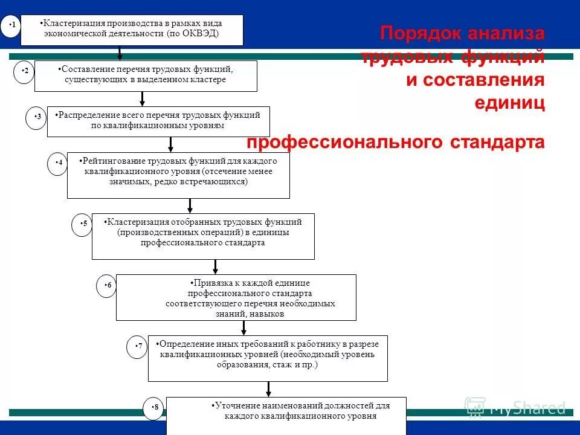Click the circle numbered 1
tap(11, 26)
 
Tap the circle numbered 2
tap(25, 72)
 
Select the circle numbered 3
tap(37, 117)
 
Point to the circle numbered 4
tap(58, 163)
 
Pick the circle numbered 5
tap(83, 224)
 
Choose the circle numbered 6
tap(107, 286)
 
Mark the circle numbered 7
tap(138, 347)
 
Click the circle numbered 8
tap(154, 408)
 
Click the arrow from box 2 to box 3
tap(142, 98)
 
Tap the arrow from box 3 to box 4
tap(171, 144)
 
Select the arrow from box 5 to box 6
tap(216, 266)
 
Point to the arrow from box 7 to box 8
tap(269, 389)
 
